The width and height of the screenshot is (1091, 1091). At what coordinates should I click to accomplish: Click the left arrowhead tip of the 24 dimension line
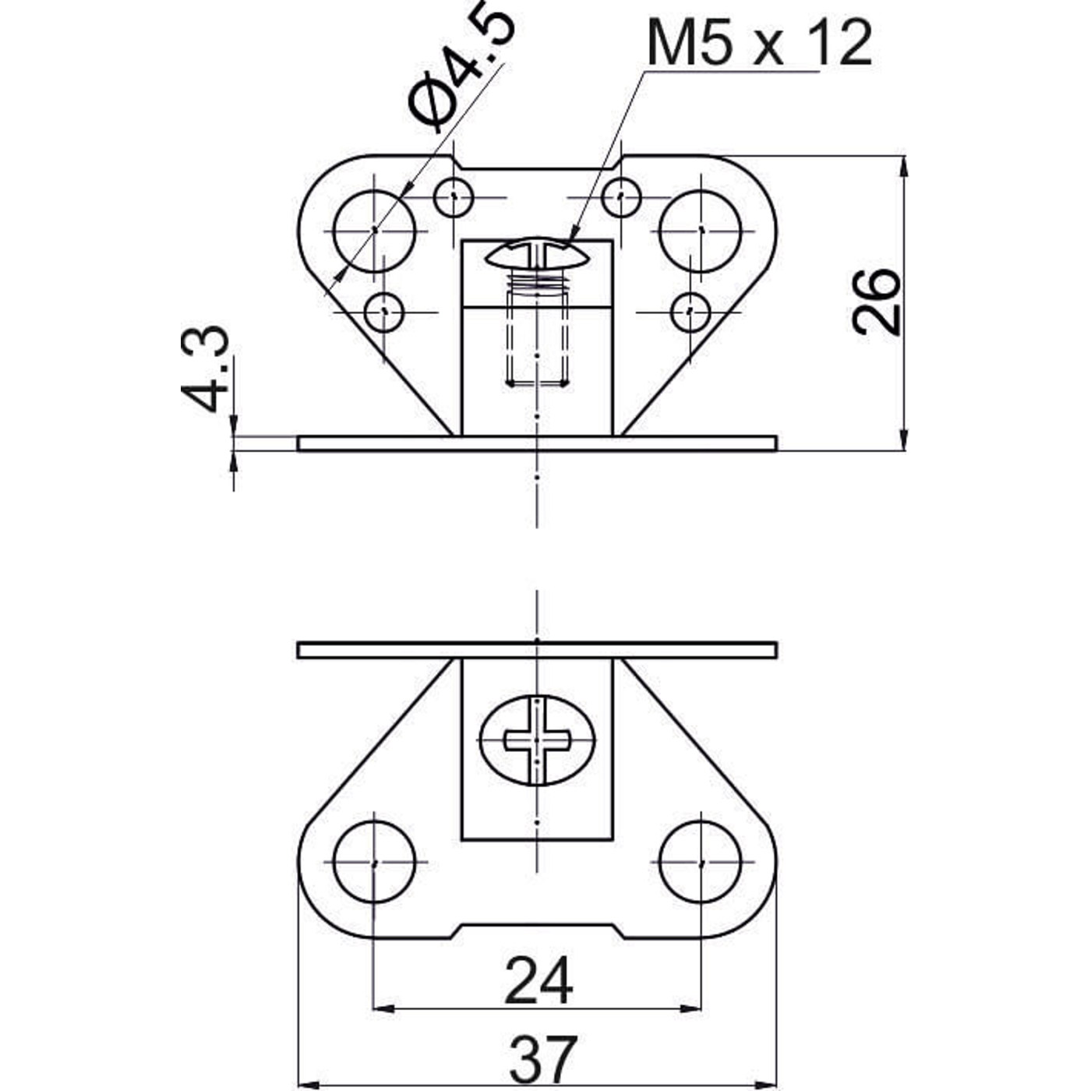click(373, 1008)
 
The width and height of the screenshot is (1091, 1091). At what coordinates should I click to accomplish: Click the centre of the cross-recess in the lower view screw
click(536, 740)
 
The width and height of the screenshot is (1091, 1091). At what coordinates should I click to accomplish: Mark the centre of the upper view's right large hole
click(701, 231)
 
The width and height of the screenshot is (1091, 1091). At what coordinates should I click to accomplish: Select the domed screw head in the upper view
click(536, 253)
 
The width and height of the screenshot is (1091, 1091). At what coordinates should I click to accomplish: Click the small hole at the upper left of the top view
click(454, 197)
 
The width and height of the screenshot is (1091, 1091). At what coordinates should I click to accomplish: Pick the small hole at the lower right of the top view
click(690, 312)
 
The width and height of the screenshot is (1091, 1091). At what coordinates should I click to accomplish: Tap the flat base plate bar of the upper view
click(537, 443)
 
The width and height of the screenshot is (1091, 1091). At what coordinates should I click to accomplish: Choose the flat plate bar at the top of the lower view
click(537, 651)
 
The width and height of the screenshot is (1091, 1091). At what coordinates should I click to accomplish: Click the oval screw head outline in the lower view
click(538, 740)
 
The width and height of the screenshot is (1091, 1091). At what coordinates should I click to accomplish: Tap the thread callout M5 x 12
click(759, 42)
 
